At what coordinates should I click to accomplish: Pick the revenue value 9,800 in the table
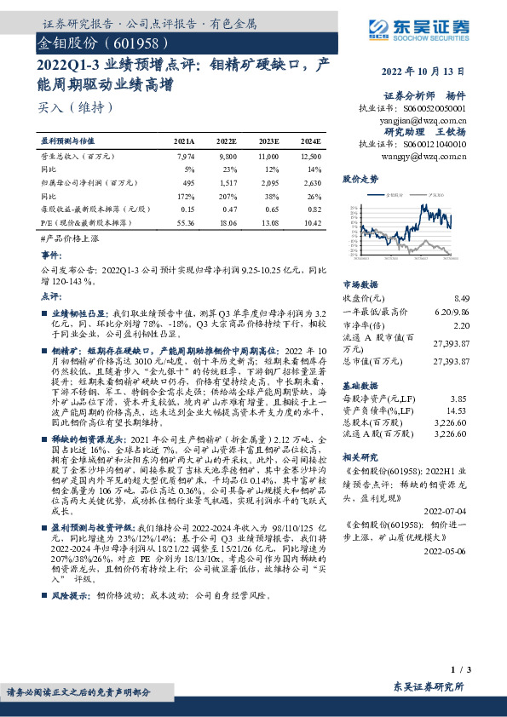pos(227,157)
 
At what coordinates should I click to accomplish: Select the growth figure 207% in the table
pos(228,195)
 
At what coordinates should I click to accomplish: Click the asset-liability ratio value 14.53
pos(459,411)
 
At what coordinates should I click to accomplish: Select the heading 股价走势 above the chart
pos(360,180)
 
